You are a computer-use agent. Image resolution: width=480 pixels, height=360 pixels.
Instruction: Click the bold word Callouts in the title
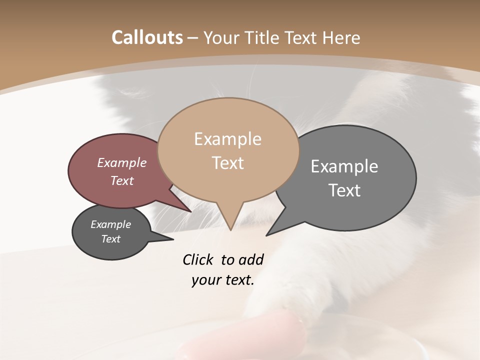click(147, 37)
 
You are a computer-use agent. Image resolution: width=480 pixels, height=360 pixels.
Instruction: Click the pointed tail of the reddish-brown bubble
click(190, 211)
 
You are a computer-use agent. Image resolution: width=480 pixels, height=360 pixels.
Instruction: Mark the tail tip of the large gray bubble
click(266, 235)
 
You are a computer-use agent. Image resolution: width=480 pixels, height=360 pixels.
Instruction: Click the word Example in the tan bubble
click(227, 138)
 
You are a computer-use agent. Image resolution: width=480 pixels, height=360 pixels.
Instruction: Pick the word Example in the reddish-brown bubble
click(121, 162)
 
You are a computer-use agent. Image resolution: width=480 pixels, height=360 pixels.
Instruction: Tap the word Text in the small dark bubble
click(111, 239)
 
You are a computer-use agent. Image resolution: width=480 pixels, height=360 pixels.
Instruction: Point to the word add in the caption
click(250, 259)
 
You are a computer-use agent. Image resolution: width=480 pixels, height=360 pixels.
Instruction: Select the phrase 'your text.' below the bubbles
click(222, 280)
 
